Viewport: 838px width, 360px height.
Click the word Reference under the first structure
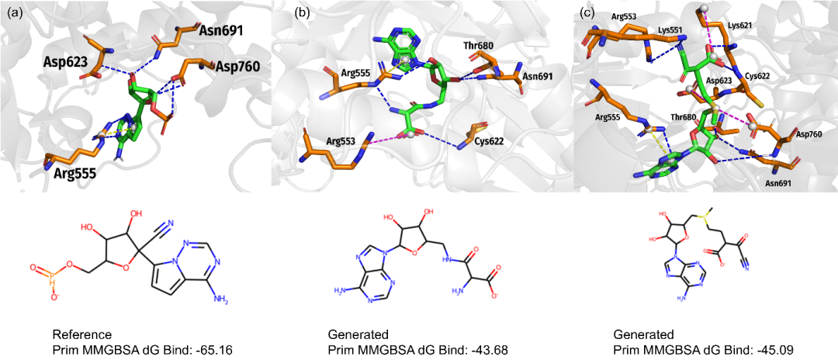coord(78,334)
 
